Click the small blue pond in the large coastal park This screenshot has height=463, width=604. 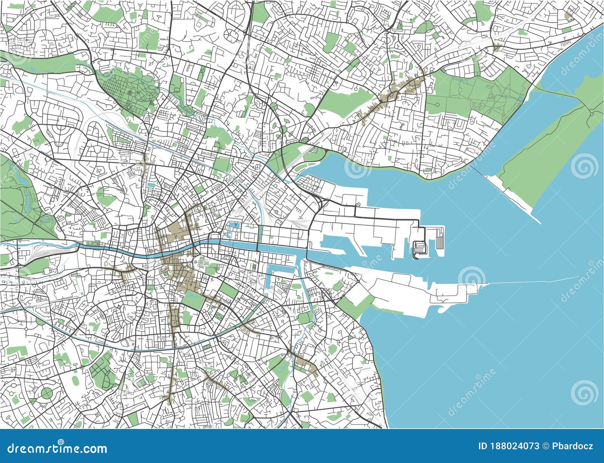(x=521, y=99)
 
